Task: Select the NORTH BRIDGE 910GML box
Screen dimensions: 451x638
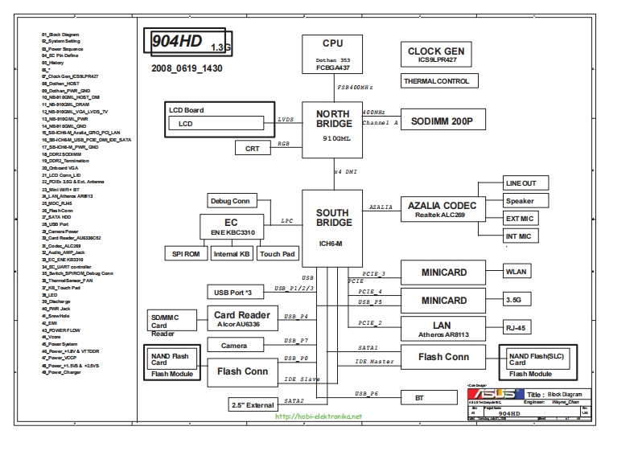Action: pos(332,129)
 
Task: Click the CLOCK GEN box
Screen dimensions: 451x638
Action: pos(435,55)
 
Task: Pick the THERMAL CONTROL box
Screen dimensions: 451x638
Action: pos(435,81)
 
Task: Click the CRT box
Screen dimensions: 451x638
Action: pos(253,148)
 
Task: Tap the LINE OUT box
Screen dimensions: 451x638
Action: pos(520,183)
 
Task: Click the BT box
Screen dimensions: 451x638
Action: pos(419,398)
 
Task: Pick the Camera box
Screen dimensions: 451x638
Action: pos(233,345)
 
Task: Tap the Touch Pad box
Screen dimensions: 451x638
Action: pos(277,254)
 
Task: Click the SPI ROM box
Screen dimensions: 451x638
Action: pos(185,254)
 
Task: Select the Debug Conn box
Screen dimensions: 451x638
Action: pos(230,201)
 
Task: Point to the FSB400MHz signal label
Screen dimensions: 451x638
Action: pos(354,87)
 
